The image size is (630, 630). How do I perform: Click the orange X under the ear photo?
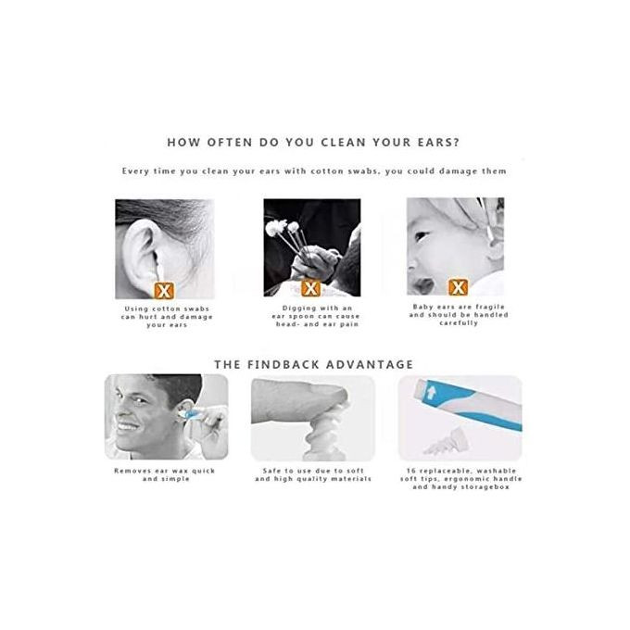[164, 291]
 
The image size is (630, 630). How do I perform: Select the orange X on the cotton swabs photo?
[310, 288]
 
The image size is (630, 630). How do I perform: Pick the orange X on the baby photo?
[458, 287]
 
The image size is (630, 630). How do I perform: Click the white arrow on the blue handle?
[432, 392]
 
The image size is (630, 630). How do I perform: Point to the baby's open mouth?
[423, 285]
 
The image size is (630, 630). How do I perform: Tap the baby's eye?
[421, 236]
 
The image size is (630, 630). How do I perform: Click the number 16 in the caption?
[410, 471]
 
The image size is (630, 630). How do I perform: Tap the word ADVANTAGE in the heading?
[370, 365]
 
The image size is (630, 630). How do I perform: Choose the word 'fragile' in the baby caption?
[490, 307]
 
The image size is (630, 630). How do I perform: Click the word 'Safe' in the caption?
[271, 471]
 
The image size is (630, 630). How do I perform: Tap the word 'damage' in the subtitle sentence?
[458, 171]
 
